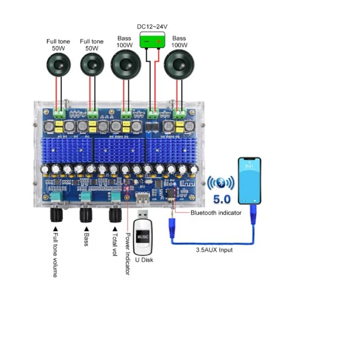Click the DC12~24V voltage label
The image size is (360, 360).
pyautogui.click(x=153, y=27)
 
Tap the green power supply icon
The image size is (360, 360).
pyautogui.click(x=153, y=41)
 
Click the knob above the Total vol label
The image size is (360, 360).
pyautogui.click(x=115, y=215)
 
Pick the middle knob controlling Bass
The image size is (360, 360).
pyautogui.click(x=85, y=215)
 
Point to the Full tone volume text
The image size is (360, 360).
pyautogui.click(x=55, y=255)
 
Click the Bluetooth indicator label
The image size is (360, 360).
pyautogui.click(x=216, y=212)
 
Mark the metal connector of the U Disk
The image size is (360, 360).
pyautogui.click(x=144, y=215)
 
